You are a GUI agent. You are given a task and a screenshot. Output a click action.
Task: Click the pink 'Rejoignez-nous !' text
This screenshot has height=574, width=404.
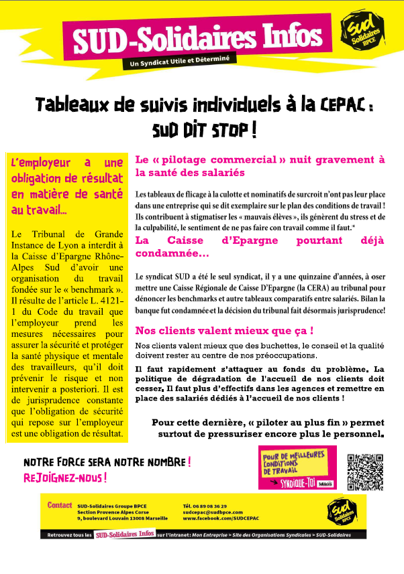coord(65,478)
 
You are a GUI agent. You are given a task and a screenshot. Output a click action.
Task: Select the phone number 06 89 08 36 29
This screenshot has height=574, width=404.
coord(204,506)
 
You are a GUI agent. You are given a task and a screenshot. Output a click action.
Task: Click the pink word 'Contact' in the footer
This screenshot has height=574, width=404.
coord(60,505)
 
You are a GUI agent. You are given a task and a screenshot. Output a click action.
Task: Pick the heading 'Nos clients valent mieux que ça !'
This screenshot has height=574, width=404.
coord(225,331)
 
